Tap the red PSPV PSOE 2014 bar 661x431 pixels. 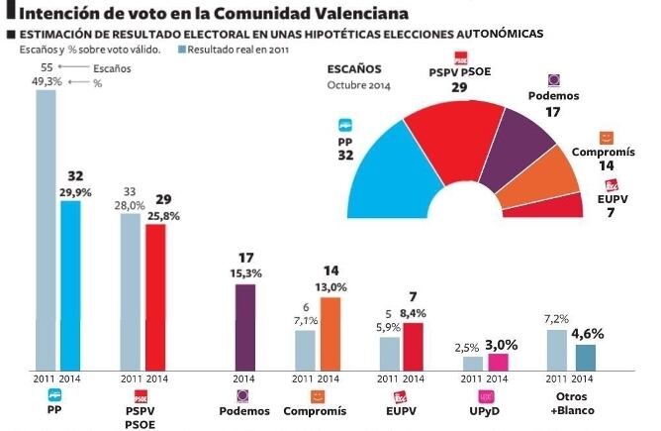(155, 297)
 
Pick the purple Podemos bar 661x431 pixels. (244, 327)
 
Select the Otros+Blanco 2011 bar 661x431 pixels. (557, 351)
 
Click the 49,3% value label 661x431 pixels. (49, 82)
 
